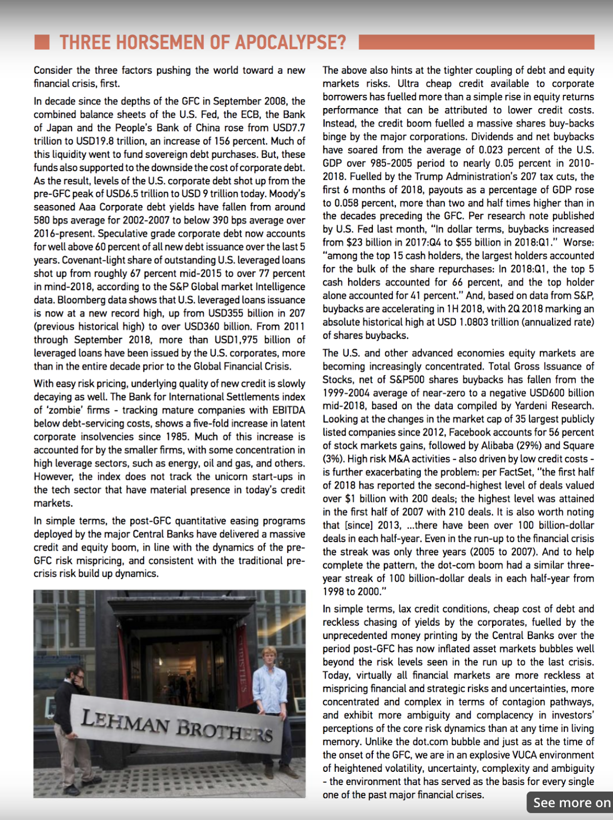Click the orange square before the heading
click(x=42, y=42)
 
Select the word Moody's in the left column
click(x=287, y=194)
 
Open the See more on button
click(x=570, y=803)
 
